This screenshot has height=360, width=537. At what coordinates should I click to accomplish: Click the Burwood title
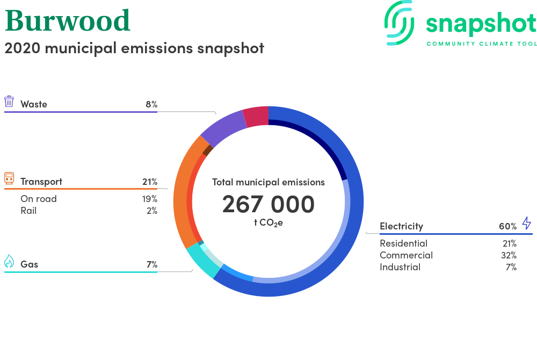(x=68, y=20)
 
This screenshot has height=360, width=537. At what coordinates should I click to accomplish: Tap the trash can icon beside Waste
(x=9, y=102)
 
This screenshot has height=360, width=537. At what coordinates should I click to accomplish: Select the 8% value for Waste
(x=151, y=104)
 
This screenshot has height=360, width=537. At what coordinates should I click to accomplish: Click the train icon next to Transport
(x=9, y=178)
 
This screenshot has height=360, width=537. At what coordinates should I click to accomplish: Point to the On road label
(x=38, y=199)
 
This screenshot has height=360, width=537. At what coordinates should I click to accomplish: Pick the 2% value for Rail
(x=152, y=211)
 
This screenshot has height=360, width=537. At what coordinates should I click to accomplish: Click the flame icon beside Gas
(x=9, y=261)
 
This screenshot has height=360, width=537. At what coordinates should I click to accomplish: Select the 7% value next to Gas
(x=152, y=264)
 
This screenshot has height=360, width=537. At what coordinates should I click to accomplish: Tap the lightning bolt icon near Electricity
(x=527, y=223)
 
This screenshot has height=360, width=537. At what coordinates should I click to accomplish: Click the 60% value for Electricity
(x=507, y=226)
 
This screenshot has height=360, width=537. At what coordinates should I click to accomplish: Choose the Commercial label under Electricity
(x=406, y=255)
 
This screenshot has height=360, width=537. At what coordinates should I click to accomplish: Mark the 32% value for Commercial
(x=509, y=255)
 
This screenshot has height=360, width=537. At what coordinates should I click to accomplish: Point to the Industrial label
(x=400, y=267)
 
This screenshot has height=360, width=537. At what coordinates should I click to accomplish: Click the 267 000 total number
(x=268, y=204)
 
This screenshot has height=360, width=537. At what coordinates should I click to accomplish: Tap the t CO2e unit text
(x=268, y=223)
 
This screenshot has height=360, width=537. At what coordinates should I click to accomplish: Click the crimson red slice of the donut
(x=256, y=117)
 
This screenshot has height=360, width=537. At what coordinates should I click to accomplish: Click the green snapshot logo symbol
(x=400, y=23)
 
